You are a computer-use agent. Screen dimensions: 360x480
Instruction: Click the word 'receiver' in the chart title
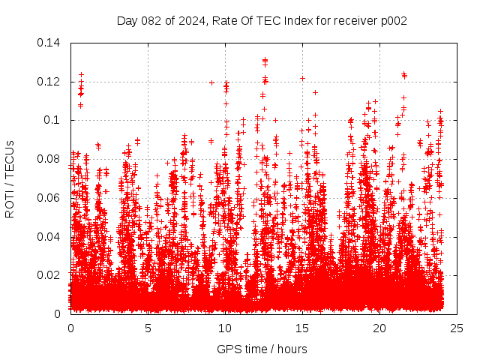coord(355,20)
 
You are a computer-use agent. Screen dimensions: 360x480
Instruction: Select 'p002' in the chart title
coord(392,20)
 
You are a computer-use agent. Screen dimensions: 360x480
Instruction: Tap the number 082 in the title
coord(149,20)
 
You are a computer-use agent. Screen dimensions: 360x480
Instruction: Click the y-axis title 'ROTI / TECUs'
coord(10,178)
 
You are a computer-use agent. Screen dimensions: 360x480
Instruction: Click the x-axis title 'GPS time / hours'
coord(262,349)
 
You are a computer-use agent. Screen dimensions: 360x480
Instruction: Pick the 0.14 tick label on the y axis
coord(50,43)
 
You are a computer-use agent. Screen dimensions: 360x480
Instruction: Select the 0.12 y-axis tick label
coord(50,81)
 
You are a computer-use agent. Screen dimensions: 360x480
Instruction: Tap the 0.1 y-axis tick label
coord(53,120)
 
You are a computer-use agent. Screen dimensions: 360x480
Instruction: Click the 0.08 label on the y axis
coord(50,159)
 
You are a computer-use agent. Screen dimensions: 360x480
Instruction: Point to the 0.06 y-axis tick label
coord(50,198)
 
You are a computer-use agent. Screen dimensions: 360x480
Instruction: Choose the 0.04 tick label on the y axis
coord(50,237)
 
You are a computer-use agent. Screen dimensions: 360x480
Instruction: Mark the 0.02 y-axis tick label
coord(50,275)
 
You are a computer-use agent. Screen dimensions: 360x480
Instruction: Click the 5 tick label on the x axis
coord(148,328)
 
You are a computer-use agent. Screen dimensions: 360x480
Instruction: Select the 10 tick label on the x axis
coord(225,328)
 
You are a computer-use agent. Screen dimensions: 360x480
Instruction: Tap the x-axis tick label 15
coord(302,328)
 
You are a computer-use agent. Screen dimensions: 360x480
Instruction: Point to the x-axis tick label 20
coord(379,328)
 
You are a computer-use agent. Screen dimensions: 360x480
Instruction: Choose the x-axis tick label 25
coord(457,328)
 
